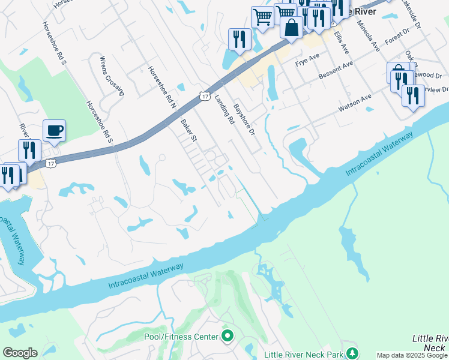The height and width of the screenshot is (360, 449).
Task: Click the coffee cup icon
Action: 54,130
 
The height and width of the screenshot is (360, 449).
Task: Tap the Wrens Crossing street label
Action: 111,76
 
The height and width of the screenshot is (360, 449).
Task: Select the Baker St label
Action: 189,130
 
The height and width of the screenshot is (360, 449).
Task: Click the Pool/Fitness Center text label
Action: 181,337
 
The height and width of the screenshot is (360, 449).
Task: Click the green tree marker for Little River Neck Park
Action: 354,353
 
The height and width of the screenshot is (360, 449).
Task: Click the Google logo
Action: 20,353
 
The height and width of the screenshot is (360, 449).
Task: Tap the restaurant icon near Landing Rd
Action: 240,39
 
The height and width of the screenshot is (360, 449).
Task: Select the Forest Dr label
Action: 397,38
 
